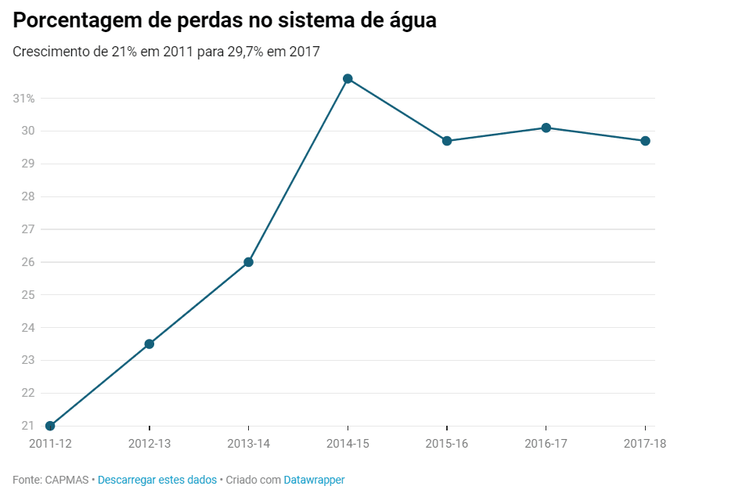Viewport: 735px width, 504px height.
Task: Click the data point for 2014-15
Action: coord(348,79)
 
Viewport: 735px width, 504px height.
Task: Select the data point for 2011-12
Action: coord(50,426)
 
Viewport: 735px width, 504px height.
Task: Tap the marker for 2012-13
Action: coord(150,344)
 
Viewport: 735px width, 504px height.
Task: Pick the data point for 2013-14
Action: coord(248,262)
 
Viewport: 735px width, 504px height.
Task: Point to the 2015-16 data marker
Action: coord(447,141)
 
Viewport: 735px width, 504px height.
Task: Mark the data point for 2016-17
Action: coord(546,128)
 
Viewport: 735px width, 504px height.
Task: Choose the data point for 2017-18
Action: coord(645,141)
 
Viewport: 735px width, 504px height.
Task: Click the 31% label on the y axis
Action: coord(23,99)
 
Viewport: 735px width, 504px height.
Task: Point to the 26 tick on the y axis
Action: coord(28,262)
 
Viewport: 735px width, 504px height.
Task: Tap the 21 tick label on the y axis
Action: coord(28,426)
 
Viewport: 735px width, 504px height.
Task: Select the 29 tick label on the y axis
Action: coord(28,164)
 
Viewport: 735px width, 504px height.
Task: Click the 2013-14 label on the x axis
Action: coord(248,444)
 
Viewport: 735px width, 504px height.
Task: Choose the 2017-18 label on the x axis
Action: coord(645,444)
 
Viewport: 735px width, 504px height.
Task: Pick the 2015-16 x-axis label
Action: coord(447,444)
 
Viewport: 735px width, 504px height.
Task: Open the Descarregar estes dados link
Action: coord(157,480)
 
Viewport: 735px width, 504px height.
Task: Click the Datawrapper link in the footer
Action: coord(314,480)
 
